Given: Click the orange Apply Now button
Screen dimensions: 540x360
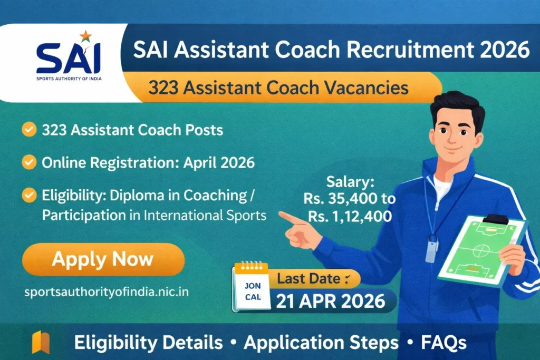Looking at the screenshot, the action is coord(103,259).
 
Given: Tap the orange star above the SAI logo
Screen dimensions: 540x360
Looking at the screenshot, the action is coord(85,36).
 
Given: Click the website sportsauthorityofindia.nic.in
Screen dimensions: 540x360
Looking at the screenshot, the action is coord(107,292).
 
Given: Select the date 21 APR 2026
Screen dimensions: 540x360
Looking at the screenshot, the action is coord(330,301).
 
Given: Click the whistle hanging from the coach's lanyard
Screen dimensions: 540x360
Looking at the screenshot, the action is coord(431,248).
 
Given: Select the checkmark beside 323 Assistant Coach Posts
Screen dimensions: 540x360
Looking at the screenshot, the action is coord(29,130).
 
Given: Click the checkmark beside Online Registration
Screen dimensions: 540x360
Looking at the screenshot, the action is coord(29,162).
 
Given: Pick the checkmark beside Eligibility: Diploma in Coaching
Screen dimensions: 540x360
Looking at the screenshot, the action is coord(29,195).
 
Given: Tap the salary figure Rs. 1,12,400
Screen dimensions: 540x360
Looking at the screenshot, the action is coord(350,217).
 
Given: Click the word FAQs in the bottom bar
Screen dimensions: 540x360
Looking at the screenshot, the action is coord(443,343).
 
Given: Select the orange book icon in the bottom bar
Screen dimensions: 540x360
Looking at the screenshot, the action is coord(41,342).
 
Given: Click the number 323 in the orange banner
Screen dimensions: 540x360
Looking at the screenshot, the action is coord(163,87).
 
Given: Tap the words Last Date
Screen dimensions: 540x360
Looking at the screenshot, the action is coord(308,278).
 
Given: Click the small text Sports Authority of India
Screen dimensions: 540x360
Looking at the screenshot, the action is coord(69,79).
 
